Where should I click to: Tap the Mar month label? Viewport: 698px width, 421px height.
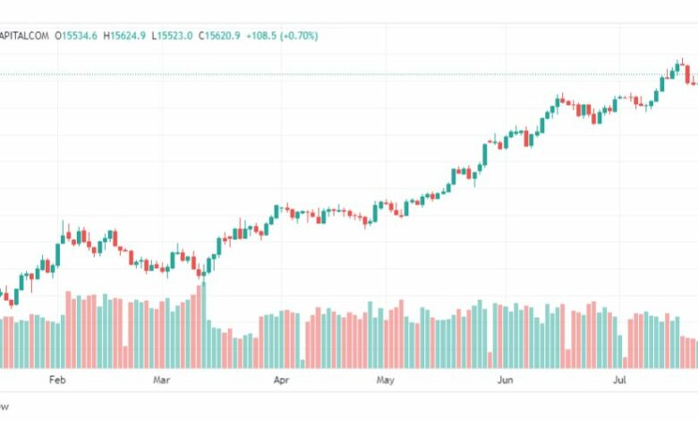161,380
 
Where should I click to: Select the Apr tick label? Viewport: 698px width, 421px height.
281,380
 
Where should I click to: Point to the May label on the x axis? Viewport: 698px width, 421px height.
385,380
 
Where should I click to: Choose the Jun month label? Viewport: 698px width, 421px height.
505,380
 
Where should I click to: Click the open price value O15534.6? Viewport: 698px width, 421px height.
78,36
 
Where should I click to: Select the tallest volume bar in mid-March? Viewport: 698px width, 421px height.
203,324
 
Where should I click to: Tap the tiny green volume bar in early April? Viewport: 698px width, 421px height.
302,363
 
